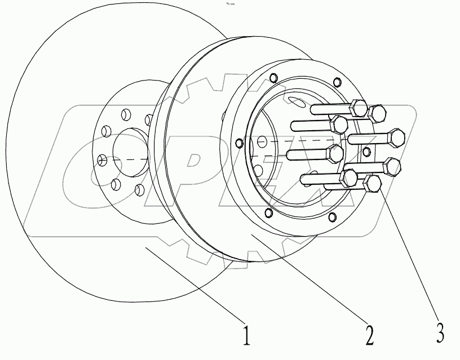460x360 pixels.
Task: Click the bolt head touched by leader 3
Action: pyautogui.click(x=373, y=184)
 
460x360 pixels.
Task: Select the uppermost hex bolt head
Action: pyautogui.click(x=357, y=106)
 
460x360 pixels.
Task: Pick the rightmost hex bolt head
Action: pyautogui.click(x=399, y=136)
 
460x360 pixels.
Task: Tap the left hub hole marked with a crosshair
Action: pyautogui.click(x=102, y=160)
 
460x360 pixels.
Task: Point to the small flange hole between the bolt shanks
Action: pyautogui.click(x=367, y=151)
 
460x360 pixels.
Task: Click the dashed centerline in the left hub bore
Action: pyautogui.click(x=127, y=160)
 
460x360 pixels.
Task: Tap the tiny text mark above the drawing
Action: pyautogui.click(x=230, y=4)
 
